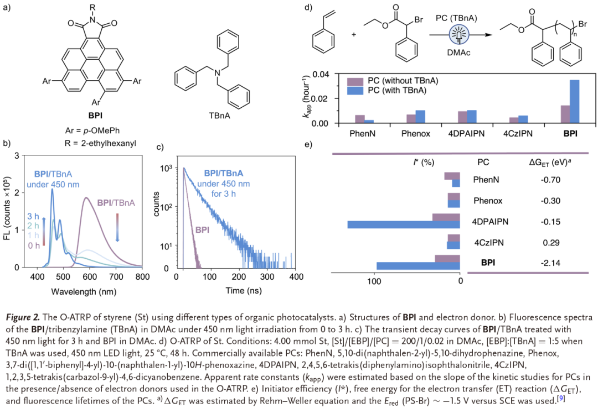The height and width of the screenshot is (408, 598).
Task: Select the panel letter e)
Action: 308,145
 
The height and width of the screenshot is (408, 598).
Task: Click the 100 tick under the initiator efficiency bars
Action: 374,281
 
